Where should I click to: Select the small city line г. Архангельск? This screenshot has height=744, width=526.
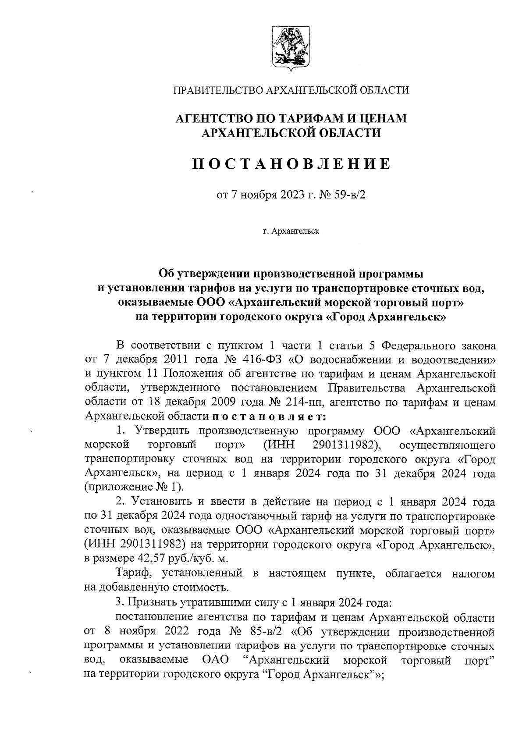coord(291,231)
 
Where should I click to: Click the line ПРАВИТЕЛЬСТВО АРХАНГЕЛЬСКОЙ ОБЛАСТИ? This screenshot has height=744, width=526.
coord(291,90)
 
